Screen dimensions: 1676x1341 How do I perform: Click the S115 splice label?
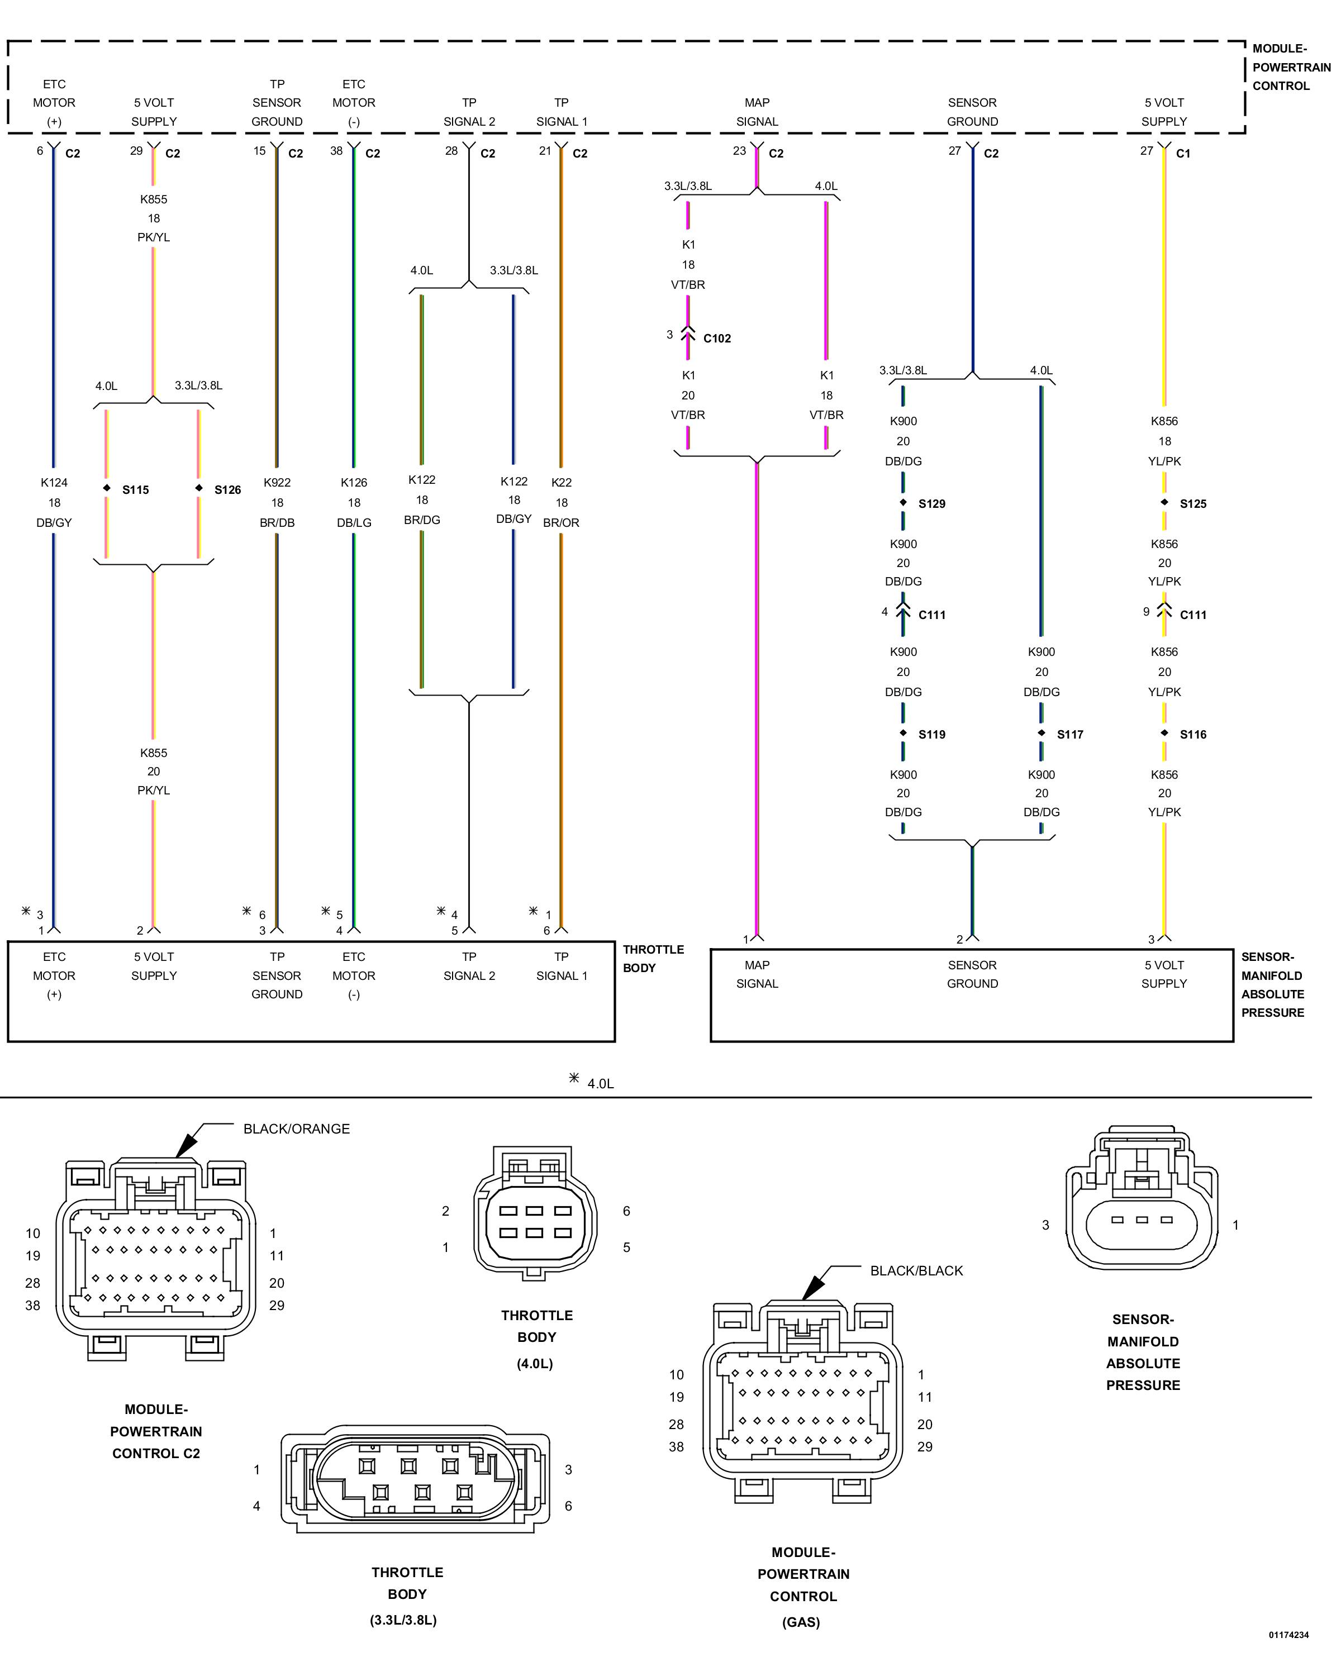pyautogui.click(x=135, y=490)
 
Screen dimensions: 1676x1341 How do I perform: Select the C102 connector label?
pyautogui.click(x=717, y=338)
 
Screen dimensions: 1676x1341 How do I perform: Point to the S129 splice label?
pyautogui.click(x=931, y=504)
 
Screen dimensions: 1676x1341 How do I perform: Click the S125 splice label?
pyautogui.click(x=1192, y=504)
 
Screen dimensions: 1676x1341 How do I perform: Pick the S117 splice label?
pyautogui.click(x=1069, y=735)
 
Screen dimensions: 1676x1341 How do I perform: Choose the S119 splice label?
pyautogui.click(x=931, y=735)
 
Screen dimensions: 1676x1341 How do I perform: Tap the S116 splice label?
pyautogui.click(x=1192, y=735)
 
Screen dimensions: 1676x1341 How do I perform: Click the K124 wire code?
pyautogui.click(x=54, y=483)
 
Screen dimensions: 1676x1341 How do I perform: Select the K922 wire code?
pyautogui.click(x=277, y=483)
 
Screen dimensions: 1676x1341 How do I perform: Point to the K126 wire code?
pyautogui.click(x=354, y=483)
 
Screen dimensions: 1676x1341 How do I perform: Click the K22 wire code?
pyautogui.click(x=562, y=483)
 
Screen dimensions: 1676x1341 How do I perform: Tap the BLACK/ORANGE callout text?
pyautogui.click(x=296, y=1129)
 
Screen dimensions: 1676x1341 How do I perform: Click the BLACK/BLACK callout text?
pyautogui.click(x=916, y=1271)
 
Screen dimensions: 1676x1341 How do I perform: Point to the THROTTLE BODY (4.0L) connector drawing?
pyautogui.click(x=535, y=1221)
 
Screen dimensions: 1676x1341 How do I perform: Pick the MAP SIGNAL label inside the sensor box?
pyautogui.click(x=757, y=974)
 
